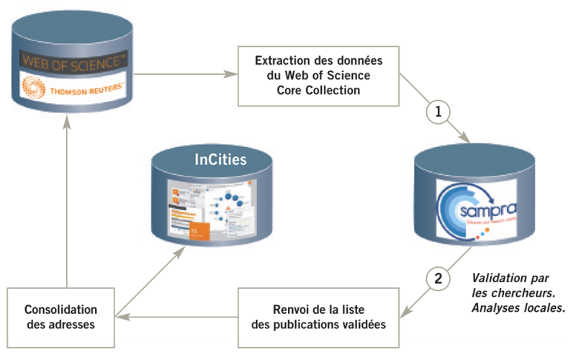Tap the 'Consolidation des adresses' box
60,317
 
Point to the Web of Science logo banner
73,61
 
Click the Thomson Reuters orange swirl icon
33,89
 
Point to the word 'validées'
361,325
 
